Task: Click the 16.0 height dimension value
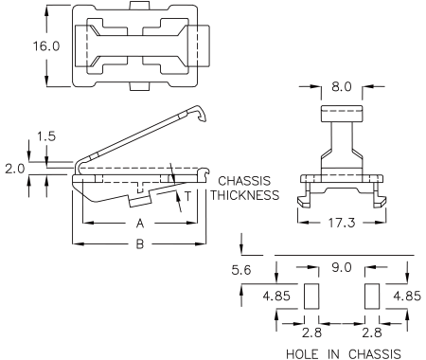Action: (46, 46)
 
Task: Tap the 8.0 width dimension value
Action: (342, 86)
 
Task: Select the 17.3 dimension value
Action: (342, 223)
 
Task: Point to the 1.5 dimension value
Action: (46, 136)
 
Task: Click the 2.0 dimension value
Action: (15, 169)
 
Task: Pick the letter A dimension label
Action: (140, 224)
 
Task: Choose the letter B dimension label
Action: (140, 243)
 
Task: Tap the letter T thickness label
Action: (188, 196)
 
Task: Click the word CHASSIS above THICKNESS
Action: (244, 181)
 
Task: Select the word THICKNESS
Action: (245, 195)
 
